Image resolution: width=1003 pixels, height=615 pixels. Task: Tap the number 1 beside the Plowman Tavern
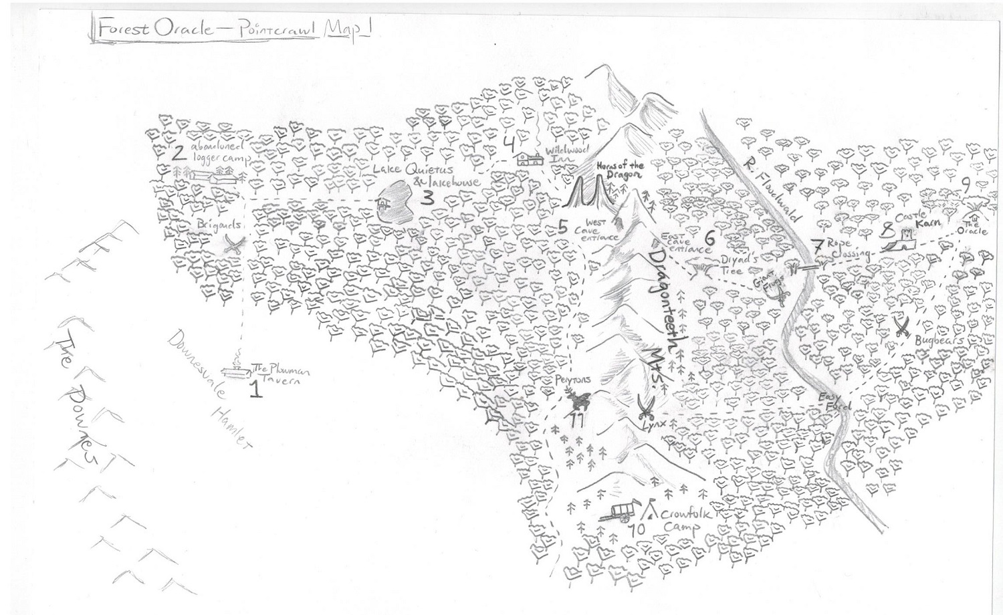click(254, 388)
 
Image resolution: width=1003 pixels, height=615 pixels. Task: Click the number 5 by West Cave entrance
click(563, 227)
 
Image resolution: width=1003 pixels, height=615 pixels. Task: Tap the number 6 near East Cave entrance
click(709, 237)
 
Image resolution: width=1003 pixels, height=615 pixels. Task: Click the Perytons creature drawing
click(577, 401)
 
